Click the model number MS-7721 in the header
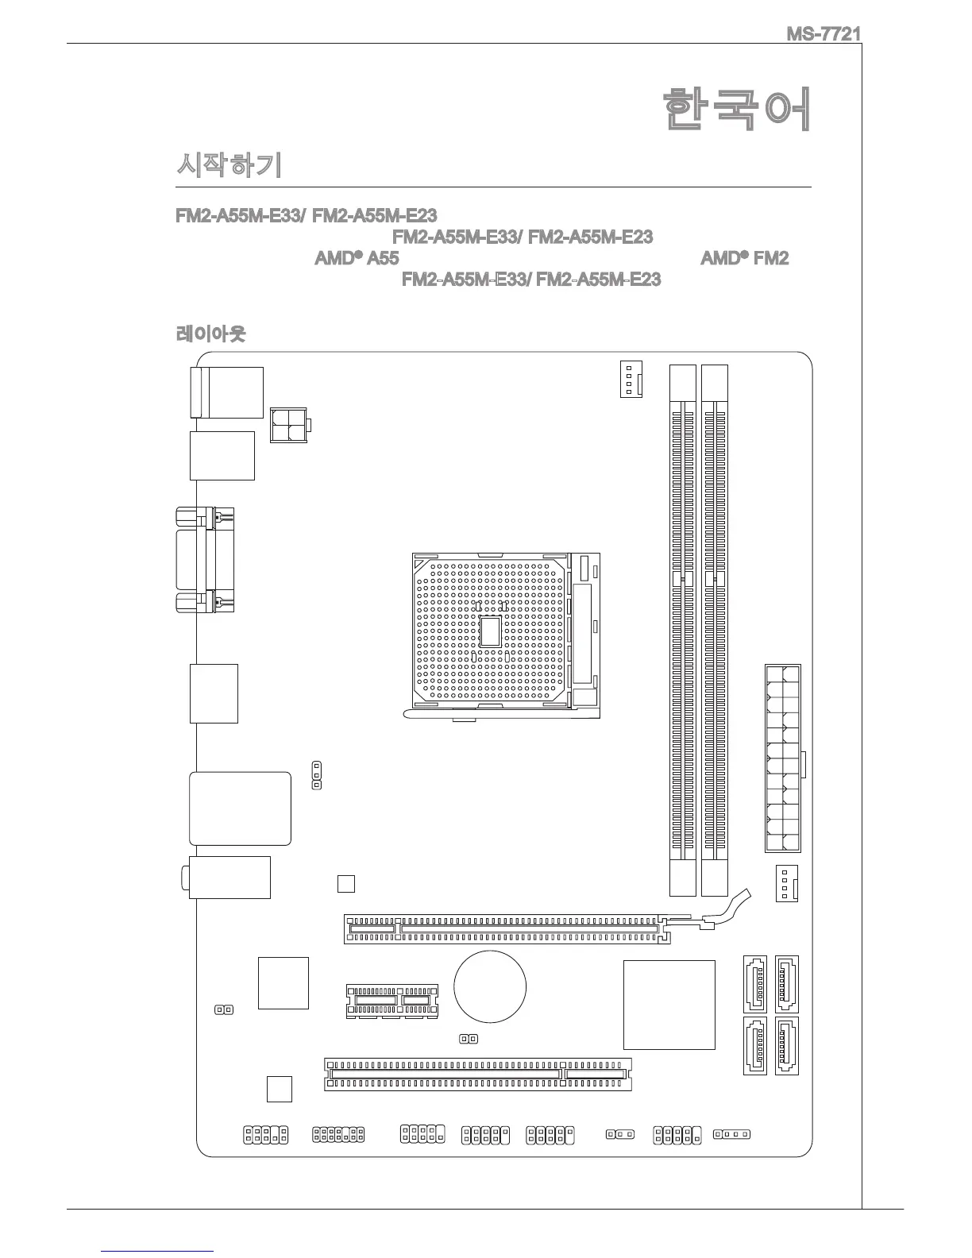coord(823,34)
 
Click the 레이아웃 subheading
coord(210,334)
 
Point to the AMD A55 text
coord(357,258)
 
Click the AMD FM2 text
coord(744,258)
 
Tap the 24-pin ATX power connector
coord(783,758)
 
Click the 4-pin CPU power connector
coord(289,425)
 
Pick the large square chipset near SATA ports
coord(669,1005)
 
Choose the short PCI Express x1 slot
coord(392,1001)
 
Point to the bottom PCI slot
coord(477,1074)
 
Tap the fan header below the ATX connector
coord(786,883)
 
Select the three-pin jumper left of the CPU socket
coord(317,775)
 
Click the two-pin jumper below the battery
coord(469,1039)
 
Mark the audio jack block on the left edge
coord(229,878)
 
